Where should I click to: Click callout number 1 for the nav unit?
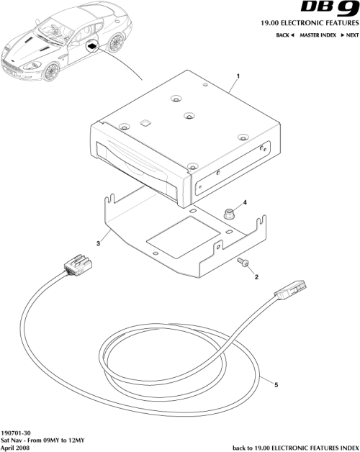pos(238,76)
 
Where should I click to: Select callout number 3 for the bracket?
pos(97,245)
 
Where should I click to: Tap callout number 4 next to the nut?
pos(245,203)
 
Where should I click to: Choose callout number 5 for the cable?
pos(276,384)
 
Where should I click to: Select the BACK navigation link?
pos(286,35)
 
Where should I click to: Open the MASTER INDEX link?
pos(320,35)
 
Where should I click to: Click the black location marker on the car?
pos(93,45)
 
